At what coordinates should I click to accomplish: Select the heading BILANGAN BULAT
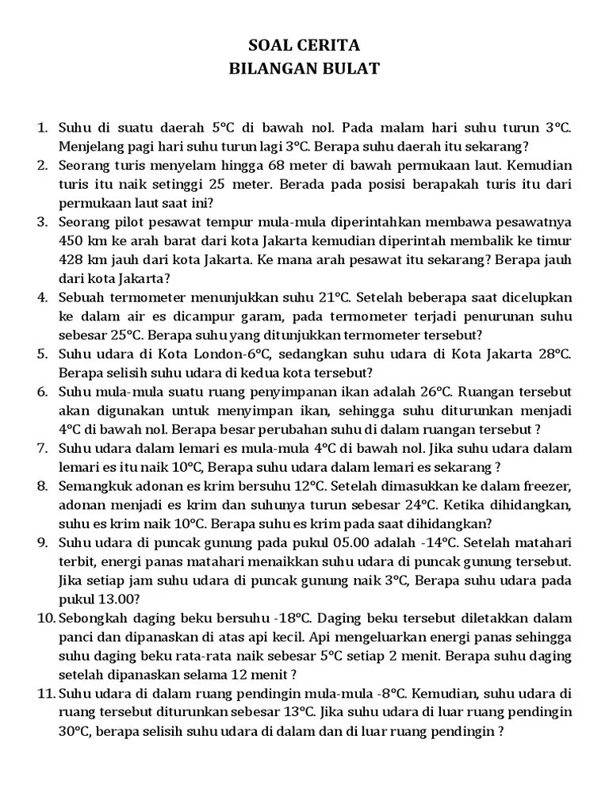304,69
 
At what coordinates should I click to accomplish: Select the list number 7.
43,448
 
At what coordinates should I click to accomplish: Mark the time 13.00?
119,599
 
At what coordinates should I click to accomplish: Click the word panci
75,638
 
